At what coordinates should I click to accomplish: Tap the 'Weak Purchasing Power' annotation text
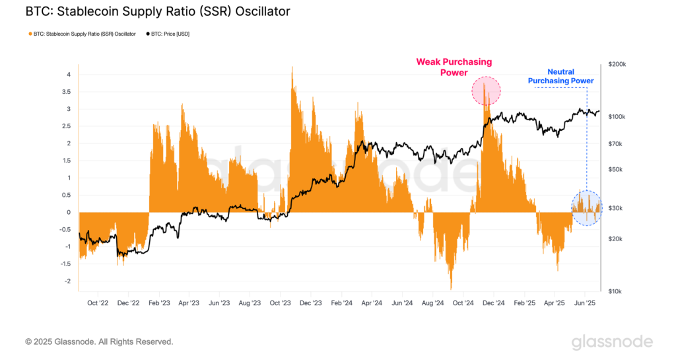(454, 67)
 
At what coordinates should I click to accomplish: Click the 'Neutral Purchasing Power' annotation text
(560, 76)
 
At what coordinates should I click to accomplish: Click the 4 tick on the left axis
(68, 75)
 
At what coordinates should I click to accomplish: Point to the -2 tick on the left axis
(67, 281)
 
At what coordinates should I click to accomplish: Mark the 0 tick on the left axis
(68, 212)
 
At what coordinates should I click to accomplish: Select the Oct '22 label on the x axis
(98, 303)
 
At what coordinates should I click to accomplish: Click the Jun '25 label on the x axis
(584, 303)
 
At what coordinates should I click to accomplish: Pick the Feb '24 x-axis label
(341, 303)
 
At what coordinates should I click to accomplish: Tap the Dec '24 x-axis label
(492, 303)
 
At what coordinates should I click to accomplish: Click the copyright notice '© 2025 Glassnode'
(99, 342)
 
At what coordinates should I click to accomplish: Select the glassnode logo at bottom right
(612, 342)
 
